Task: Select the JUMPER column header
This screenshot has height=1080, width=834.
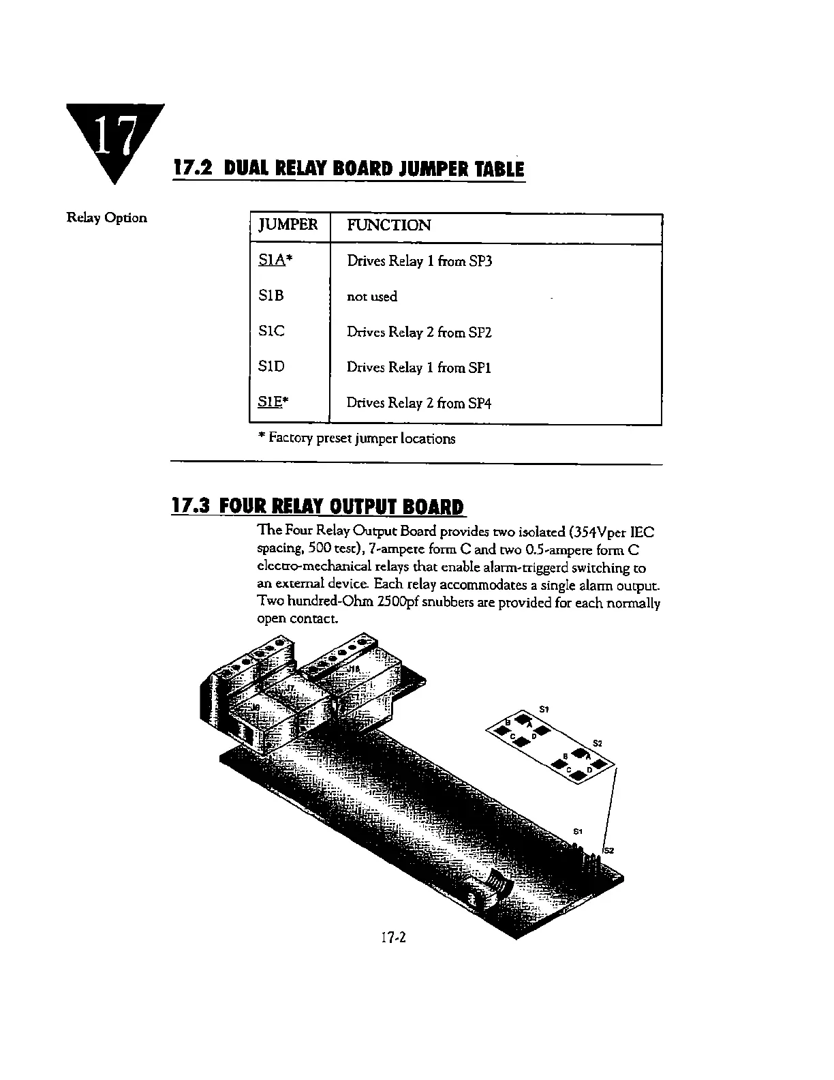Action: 288,225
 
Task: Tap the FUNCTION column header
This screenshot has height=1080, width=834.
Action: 388,226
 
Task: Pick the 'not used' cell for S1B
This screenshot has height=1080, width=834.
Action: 371,297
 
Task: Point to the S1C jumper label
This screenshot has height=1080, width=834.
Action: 271,331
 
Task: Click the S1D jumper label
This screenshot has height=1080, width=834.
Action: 271,367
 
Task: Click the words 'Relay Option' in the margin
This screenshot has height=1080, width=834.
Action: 106,218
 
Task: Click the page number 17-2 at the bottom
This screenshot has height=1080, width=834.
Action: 393,937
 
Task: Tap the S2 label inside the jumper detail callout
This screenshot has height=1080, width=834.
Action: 597,742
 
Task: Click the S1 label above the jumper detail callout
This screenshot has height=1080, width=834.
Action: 544,709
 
